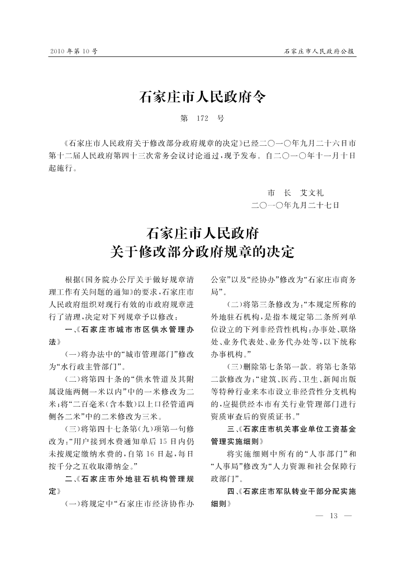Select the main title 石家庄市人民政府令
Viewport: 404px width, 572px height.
pos(202,97)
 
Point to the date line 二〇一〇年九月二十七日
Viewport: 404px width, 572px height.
pos(294,206)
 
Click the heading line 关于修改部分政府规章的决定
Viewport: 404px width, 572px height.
pos(202,252)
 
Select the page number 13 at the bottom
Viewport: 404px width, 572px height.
pos(335,516)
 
